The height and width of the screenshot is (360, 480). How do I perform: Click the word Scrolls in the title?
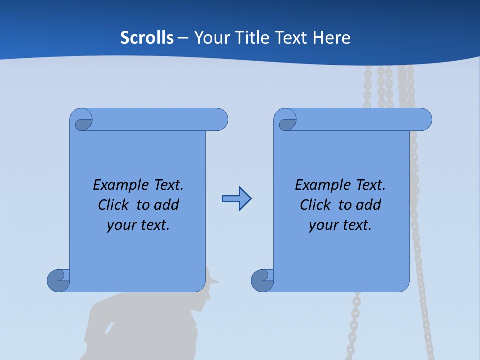tap(147, 38)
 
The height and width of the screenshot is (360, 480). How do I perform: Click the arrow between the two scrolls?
tap(236, 199)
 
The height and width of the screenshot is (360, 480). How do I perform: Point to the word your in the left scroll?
tap(120, 226)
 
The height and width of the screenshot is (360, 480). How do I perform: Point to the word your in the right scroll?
tap(322, 226)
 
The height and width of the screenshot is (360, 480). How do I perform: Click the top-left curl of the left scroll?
tap(82, 122)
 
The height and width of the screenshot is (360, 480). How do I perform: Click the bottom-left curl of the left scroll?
tap(58, 280)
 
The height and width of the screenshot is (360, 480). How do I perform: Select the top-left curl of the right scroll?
tap(286, 122)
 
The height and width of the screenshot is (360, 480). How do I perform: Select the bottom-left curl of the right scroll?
tap(262, 280)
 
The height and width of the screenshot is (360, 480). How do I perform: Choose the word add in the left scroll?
tap(167, 205)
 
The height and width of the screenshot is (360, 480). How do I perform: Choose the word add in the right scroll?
tap(369, 205)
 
